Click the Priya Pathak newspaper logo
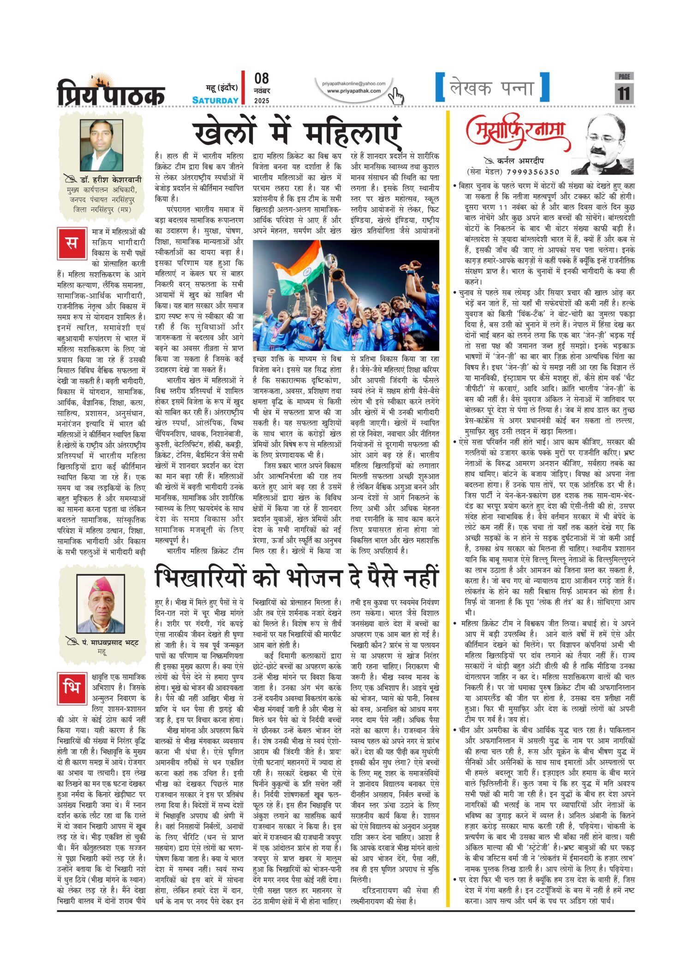(x=111, y=91)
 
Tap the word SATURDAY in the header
(x=215, y=100)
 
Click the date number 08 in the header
(x=262, y=78)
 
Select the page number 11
(x=624, y=94)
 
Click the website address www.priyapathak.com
(x=354, y=91)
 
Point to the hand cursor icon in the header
(x=395, y=96)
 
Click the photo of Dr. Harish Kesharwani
(x=101, y=146)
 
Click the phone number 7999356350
(x=532, y=172)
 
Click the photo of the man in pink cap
(x=101, y=604)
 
